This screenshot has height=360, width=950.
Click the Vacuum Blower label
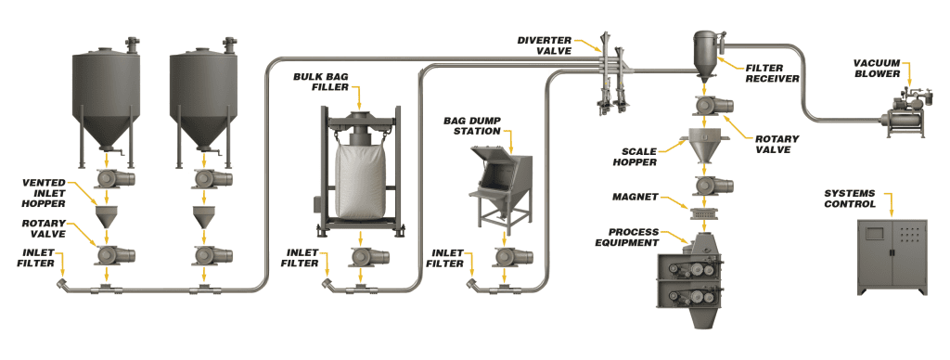tap(877, 69)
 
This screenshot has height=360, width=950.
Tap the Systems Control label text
tap(850, 199)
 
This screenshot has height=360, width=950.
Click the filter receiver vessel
tap(705, 56)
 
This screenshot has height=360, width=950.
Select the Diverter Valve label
tap(544, 45)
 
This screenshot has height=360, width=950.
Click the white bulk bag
tap(360, 181)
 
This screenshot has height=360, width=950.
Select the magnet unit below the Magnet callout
tap(705, 212)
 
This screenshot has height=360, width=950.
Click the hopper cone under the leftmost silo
tap(107, 216)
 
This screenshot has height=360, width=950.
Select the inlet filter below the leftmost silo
tap(63, 283)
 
